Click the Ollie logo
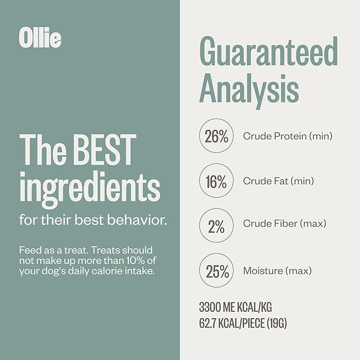(40, 38)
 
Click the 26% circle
(216, 137)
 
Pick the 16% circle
(216, 181)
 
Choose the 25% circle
(216, 271)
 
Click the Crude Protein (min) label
(287, 137)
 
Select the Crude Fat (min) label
(278, 181)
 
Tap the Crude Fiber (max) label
(284, 224)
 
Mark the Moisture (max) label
(277, 271)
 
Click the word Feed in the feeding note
(30, 249)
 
